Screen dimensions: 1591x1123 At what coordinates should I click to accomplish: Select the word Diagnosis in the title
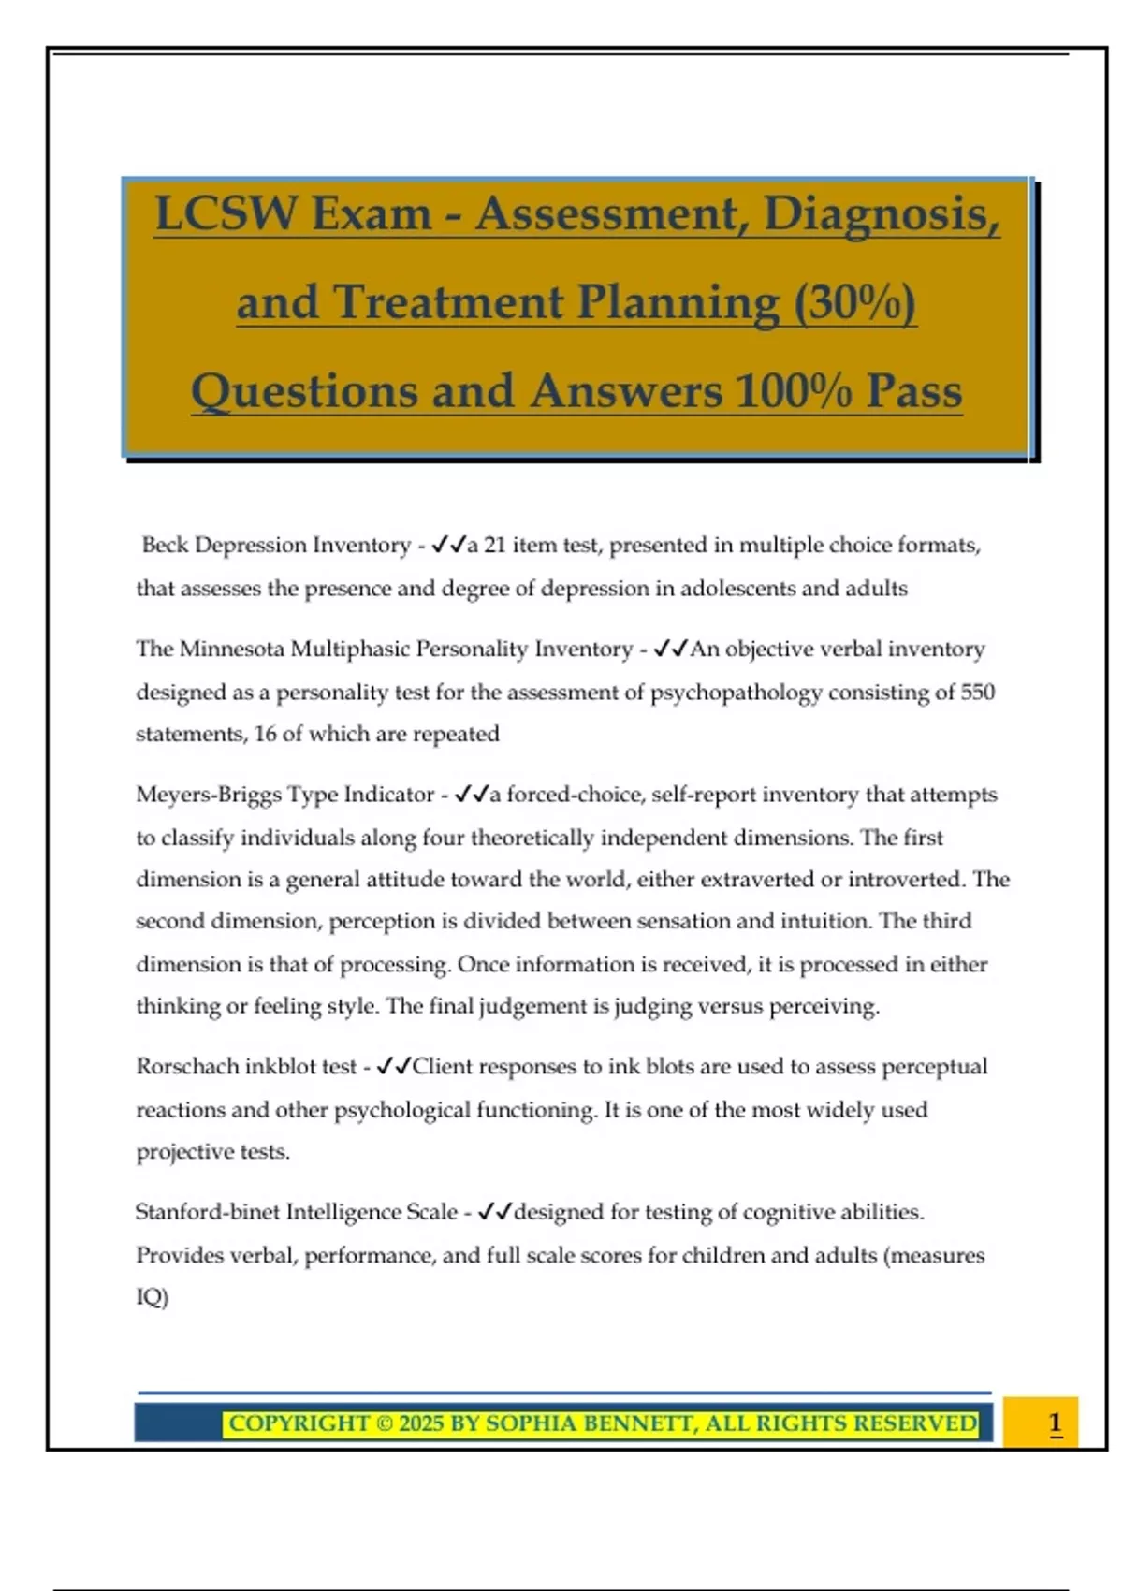(x=881, y=213)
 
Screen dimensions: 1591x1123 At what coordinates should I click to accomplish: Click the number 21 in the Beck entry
(x=495, y=545)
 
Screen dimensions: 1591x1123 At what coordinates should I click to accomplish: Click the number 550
(x=977, y=692)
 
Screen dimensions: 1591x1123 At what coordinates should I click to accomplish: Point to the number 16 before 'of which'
(x=266, y=734)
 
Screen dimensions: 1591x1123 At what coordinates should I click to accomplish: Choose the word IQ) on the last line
(x=153, y=1297)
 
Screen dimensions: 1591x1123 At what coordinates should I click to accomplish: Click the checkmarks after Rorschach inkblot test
(x=393, y=1067)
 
